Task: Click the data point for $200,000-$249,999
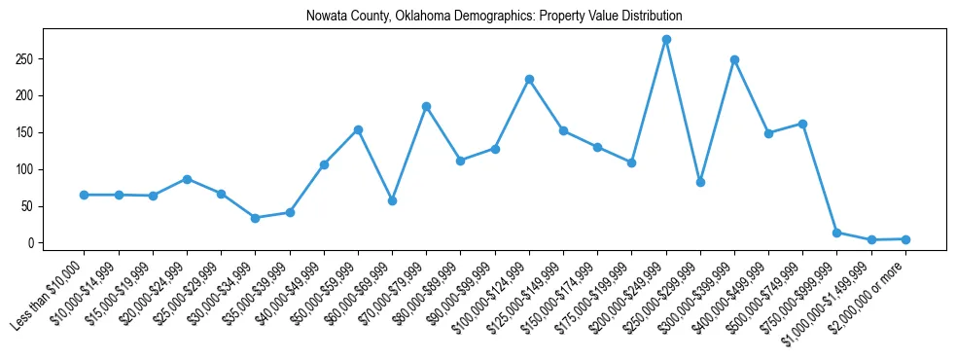coord(666,40)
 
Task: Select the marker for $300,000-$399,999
coord(734,59)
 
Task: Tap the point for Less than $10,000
coord(85,195)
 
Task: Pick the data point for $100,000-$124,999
coord(529,79)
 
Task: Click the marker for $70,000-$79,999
coord(427,106)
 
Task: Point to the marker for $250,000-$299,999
coord(700,182)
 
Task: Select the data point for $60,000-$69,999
coord(392,200)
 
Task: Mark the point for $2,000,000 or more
coord(905,239)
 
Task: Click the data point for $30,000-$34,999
coord(256,218)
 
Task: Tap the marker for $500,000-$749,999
coord(802,124)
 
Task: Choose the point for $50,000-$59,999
coord(358,129)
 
